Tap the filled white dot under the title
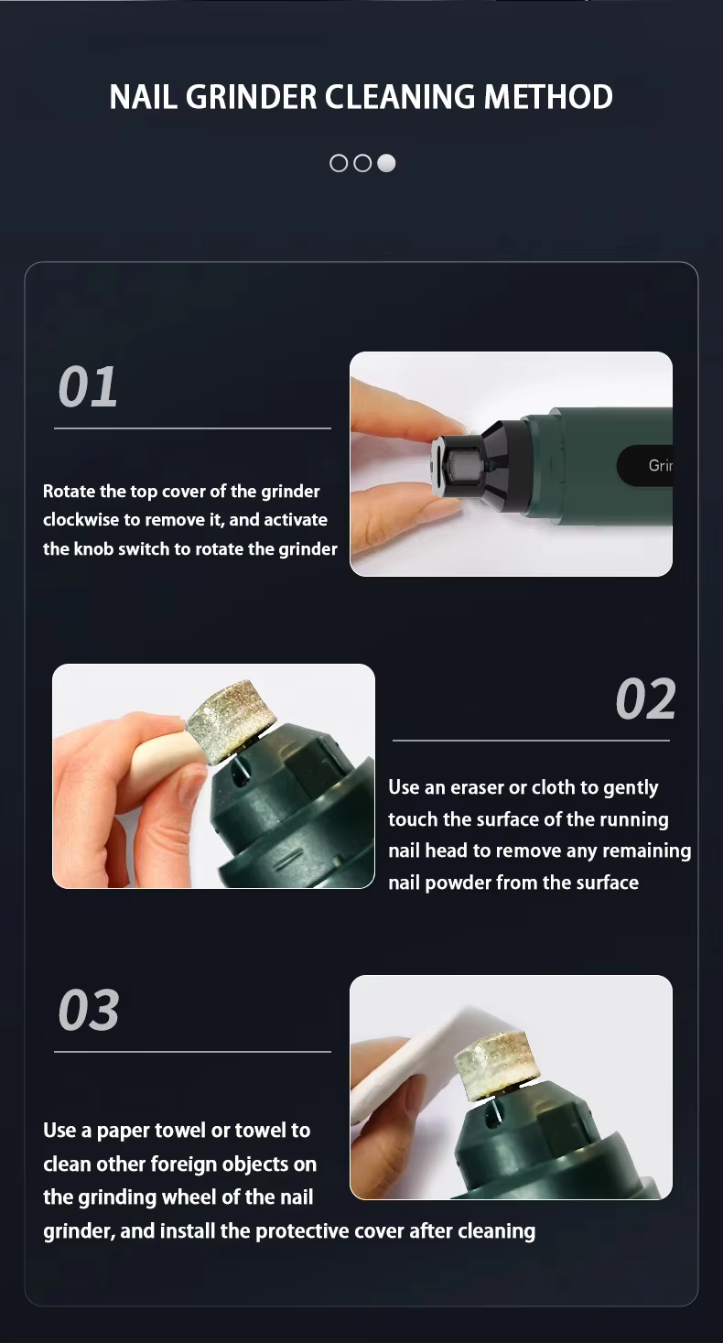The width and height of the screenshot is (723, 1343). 386,163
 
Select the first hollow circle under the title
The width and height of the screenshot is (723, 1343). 339,163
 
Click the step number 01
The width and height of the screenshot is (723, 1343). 88,387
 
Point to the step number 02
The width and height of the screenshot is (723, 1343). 645,699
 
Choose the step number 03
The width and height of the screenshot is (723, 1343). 89,1011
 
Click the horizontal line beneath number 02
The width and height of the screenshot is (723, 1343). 531,740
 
